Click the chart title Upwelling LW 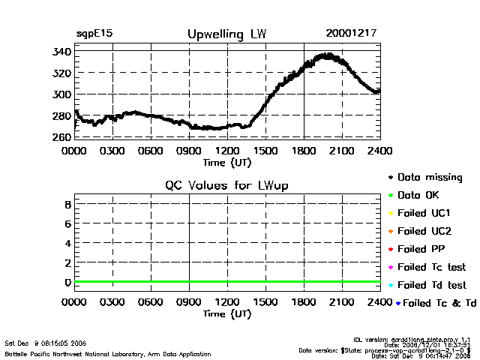(226, 34)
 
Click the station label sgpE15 (94, 34)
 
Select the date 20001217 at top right (351, 34)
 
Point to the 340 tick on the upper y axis (61, 51)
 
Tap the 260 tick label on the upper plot (61, 137)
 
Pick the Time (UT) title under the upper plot (227, 161)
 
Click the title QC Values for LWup (227, 185)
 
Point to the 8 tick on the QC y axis (67, 203)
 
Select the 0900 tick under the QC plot (189, 302)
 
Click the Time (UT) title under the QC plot (227, 313)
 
